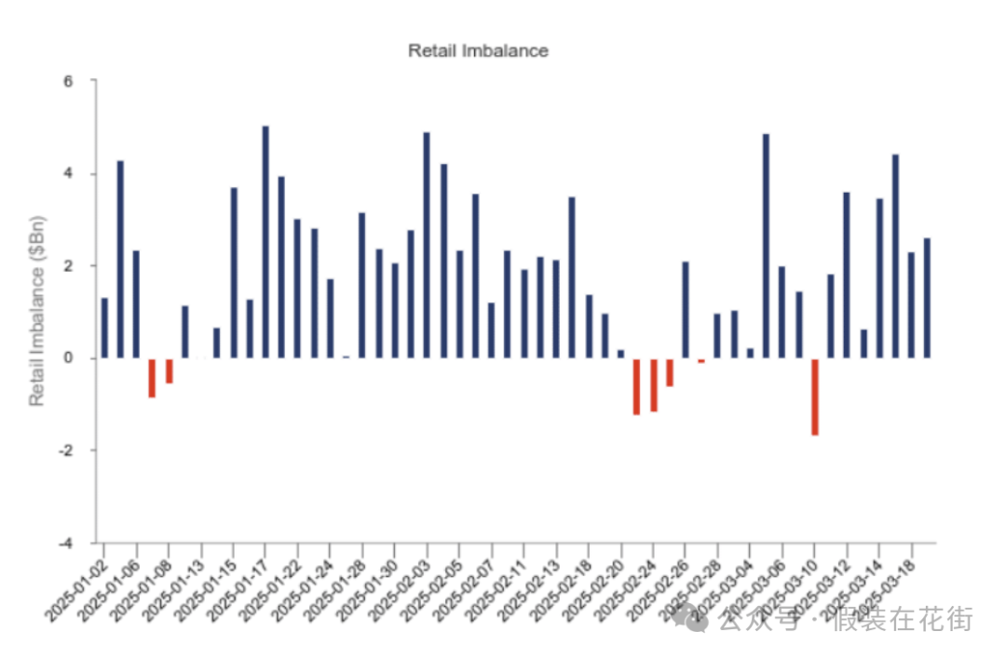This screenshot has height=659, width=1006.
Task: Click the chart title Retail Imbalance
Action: point(478,51)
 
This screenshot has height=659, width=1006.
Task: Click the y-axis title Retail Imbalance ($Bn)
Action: point(37,312)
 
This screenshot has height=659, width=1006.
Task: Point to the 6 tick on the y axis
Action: point(81,82)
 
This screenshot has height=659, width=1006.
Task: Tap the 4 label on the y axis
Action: point(81,174)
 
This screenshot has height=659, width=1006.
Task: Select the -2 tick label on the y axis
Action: point(78,451)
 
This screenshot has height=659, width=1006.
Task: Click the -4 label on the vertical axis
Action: point(78,543)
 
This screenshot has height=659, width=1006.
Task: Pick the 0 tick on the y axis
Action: point(81,358)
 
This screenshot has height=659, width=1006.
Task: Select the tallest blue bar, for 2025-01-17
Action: point(265,242)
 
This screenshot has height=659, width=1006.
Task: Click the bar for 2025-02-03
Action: point(427,246)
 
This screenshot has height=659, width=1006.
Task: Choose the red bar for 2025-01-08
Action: point(169,370)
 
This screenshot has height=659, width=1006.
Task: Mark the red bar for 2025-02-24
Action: point(653,384)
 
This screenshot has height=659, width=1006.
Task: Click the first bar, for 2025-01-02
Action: point(104,328)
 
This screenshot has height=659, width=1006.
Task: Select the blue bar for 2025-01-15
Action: point(234,273)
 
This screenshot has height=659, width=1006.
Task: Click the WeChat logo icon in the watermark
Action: point(697,616)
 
